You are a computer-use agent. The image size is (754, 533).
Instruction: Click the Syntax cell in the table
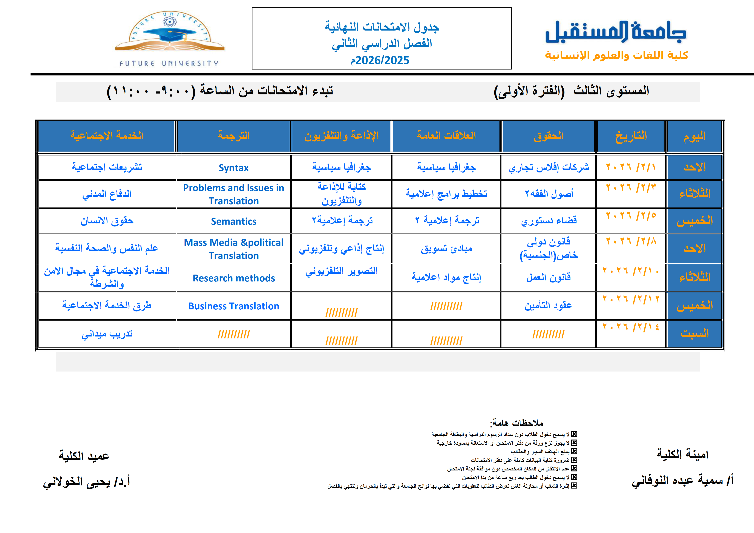[x=233, y=168]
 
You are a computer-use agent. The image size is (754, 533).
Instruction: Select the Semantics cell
[x=233, y=221]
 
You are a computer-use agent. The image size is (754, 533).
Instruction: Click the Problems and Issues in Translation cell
[x=233, y=194]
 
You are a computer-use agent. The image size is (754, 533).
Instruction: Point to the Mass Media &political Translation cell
[x=233, y=249]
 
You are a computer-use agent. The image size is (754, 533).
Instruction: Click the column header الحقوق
[x=548, y=136]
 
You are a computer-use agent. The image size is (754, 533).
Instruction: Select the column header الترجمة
[x=233, y=136]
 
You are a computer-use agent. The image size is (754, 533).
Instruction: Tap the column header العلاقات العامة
[x=446, y=136]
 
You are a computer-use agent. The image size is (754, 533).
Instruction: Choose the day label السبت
[x=694, y=334]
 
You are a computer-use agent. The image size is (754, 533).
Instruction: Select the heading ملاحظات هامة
[x=516, y=423]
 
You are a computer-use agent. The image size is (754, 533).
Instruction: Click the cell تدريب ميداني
[x=107, y=334]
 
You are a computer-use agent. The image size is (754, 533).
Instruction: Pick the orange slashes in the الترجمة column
[x=233, y=334]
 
